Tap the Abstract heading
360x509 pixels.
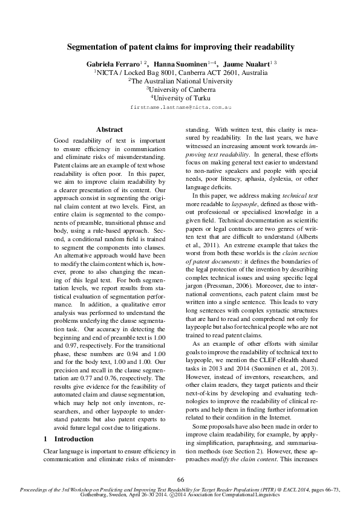point(110,129)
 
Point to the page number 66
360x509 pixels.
point(180,479)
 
